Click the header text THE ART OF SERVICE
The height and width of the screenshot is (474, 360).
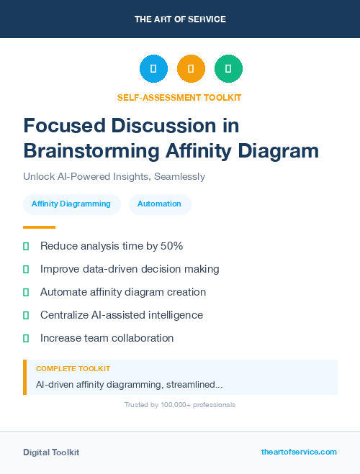[180, 19]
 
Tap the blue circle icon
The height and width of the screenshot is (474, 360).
[153, 69]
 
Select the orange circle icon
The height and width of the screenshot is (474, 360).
[191, 69]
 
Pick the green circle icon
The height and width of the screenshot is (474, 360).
[228, 69]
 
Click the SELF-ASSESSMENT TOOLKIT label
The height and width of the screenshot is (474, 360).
[179, 97]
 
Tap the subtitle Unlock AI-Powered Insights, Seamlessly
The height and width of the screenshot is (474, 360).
[114, 176]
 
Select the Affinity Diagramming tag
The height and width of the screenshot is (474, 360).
[71, 204]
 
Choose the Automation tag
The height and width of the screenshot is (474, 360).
[159, 204]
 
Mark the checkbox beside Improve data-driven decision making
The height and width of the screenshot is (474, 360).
[26, 269]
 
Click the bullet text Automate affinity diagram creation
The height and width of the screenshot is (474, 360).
[123, 292]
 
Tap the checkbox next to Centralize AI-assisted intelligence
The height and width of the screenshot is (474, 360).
[26, 315]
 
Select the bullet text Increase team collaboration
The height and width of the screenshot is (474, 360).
[107, 338]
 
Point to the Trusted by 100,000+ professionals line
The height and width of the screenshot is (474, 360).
[179, 405]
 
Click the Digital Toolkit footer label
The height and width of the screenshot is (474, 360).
[51, 452]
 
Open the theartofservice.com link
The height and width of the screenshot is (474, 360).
[299, 452]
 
